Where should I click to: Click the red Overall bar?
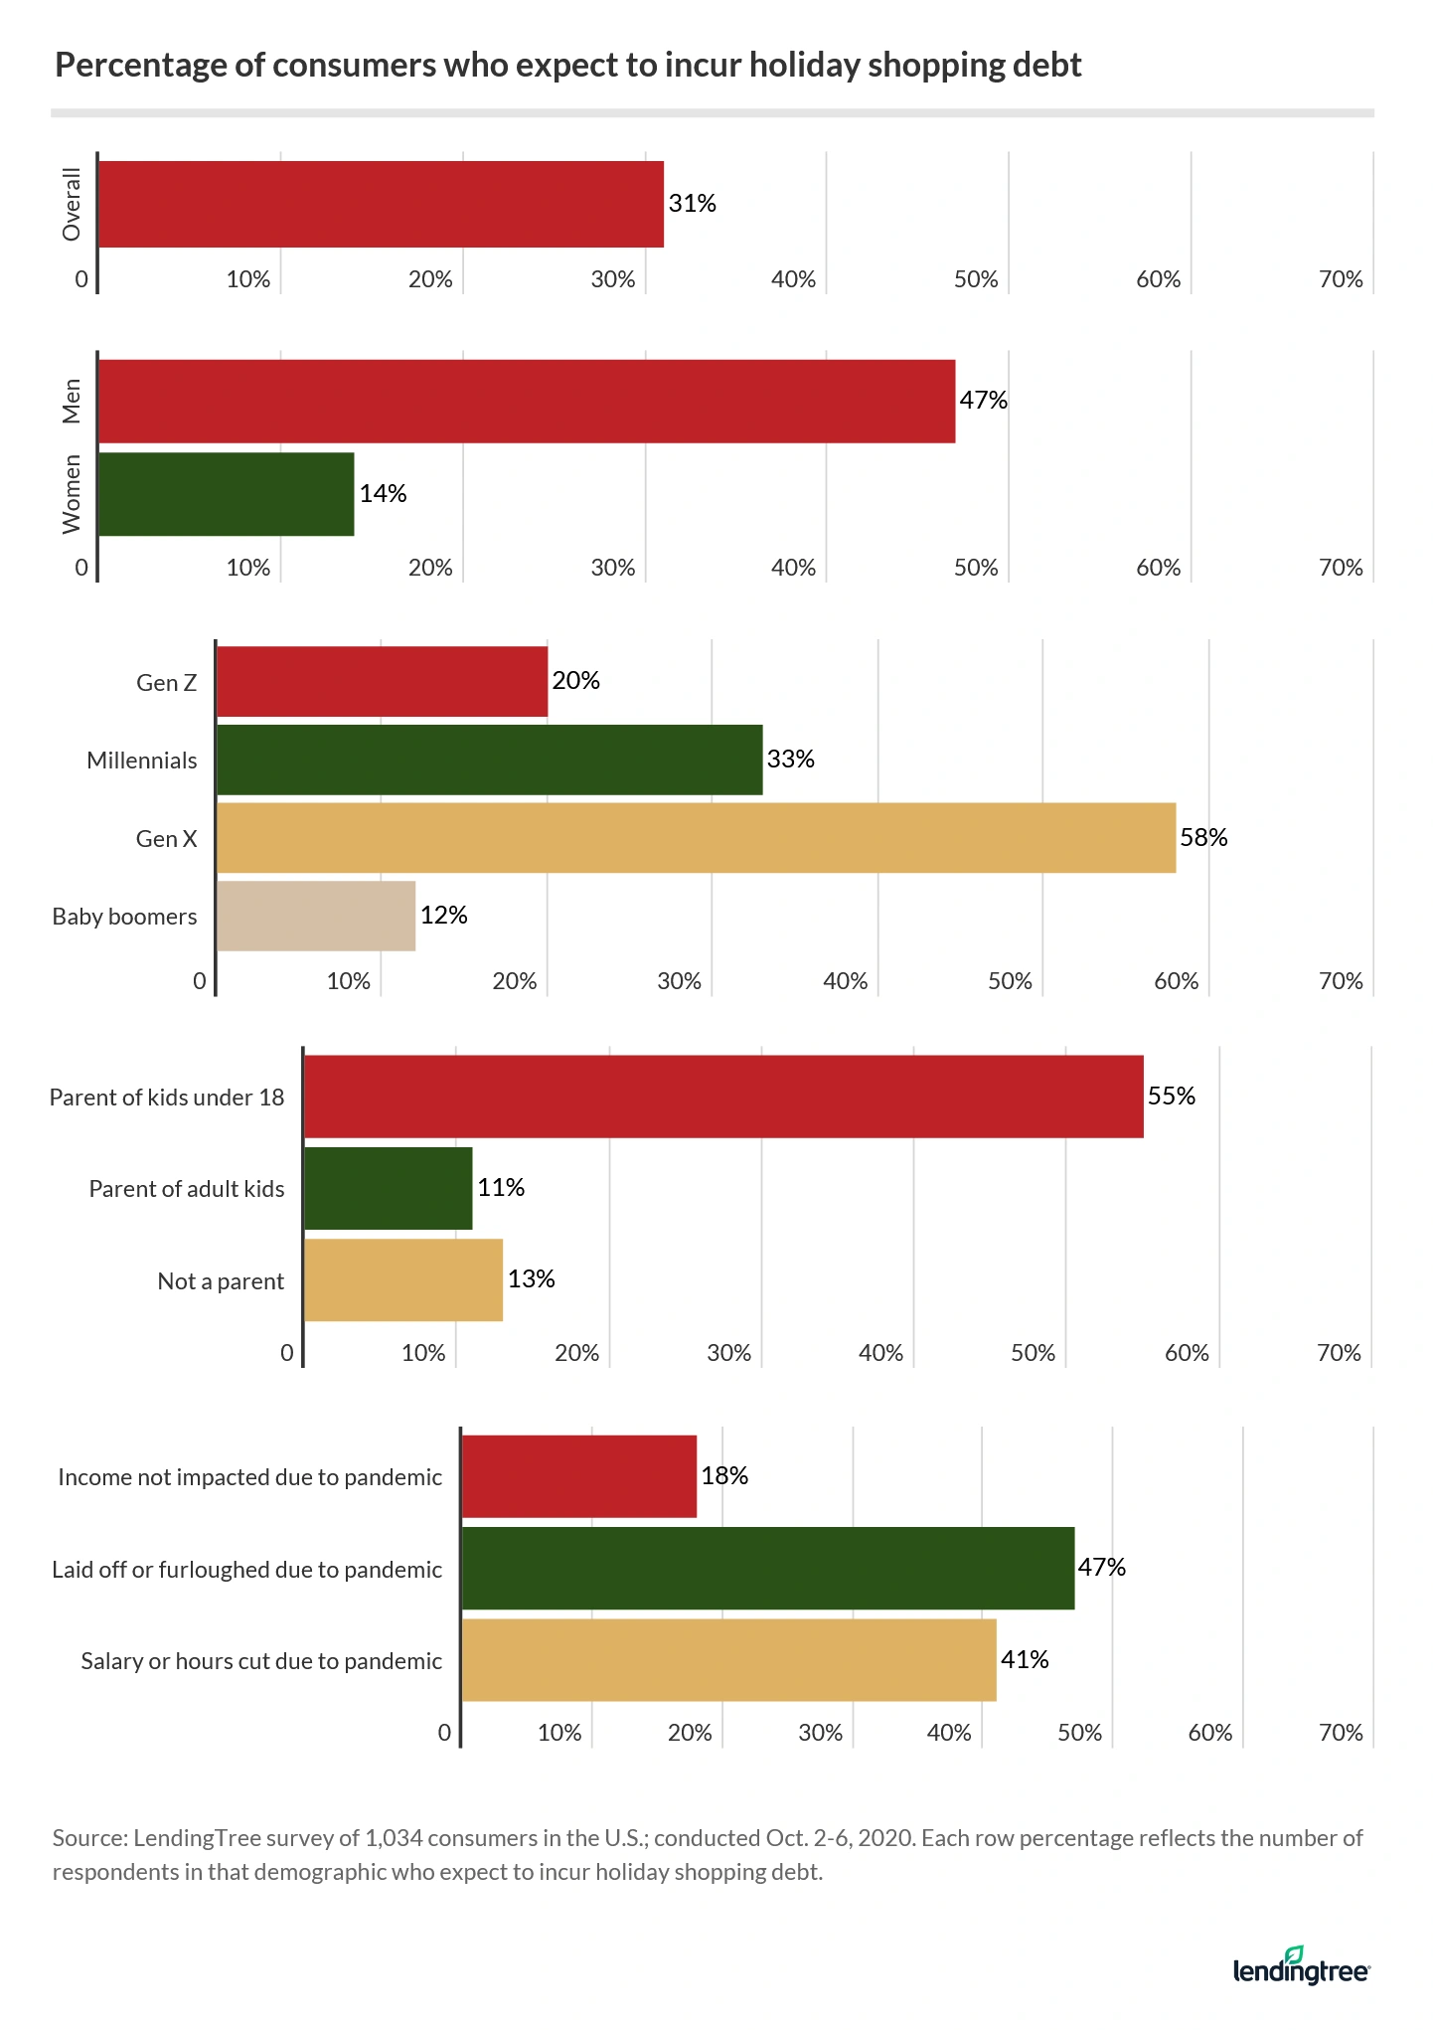click(381, 204)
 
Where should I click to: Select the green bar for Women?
click(227, 494)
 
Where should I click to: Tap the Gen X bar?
click(696, 838)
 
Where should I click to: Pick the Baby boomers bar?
click(316, 916)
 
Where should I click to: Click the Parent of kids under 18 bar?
click(723, 1097)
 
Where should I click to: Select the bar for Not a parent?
click(403, 1280)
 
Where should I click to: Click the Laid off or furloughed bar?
click(768, 1568)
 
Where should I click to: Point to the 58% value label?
click(1203, 838)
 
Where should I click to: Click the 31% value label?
click(692, 204)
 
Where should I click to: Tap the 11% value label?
click(501, 1188)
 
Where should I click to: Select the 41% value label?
click(1025, 1660)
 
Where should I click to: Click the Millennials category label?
click(142, 761)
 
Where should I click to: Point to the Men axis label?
click(72, 401)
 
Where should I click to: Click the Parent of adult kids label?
click(187, 1189)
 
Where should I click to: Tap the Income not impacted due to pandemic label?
click(249, 1477)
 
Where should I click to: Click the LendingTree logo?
click(1301, 1967)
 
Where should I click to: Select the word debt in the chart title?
click(1046, 66)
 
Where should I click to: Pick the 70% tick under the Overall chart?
click(1341, 279)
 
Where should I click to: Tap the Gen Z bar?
click(382, 682)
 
